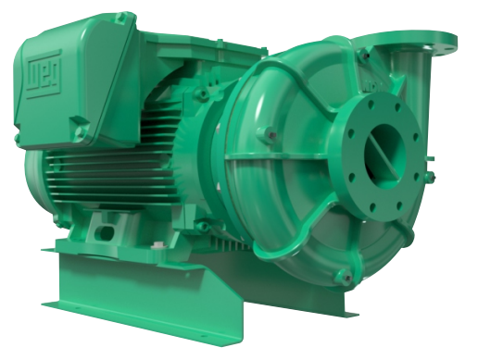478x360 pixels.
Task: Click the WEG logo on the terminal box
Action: click(x=44, y=76)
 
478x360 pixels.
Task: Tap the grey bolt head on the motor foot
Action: click(x=157, y=245)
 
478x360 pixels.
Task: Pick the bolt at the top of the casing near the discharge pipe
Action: click(x=366, y=56)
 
